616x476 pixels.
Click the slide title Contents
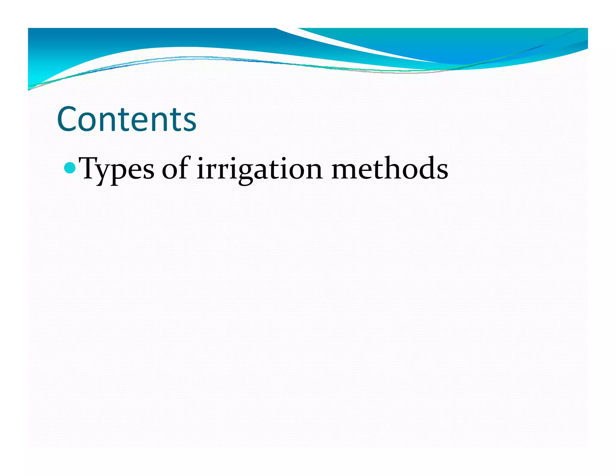pos(126,119)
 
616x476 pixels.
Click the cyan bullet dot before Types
pos(70,168)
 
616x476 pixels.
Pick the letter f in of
pos(184,167)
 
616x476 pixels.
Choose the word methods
pos(390,168)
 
